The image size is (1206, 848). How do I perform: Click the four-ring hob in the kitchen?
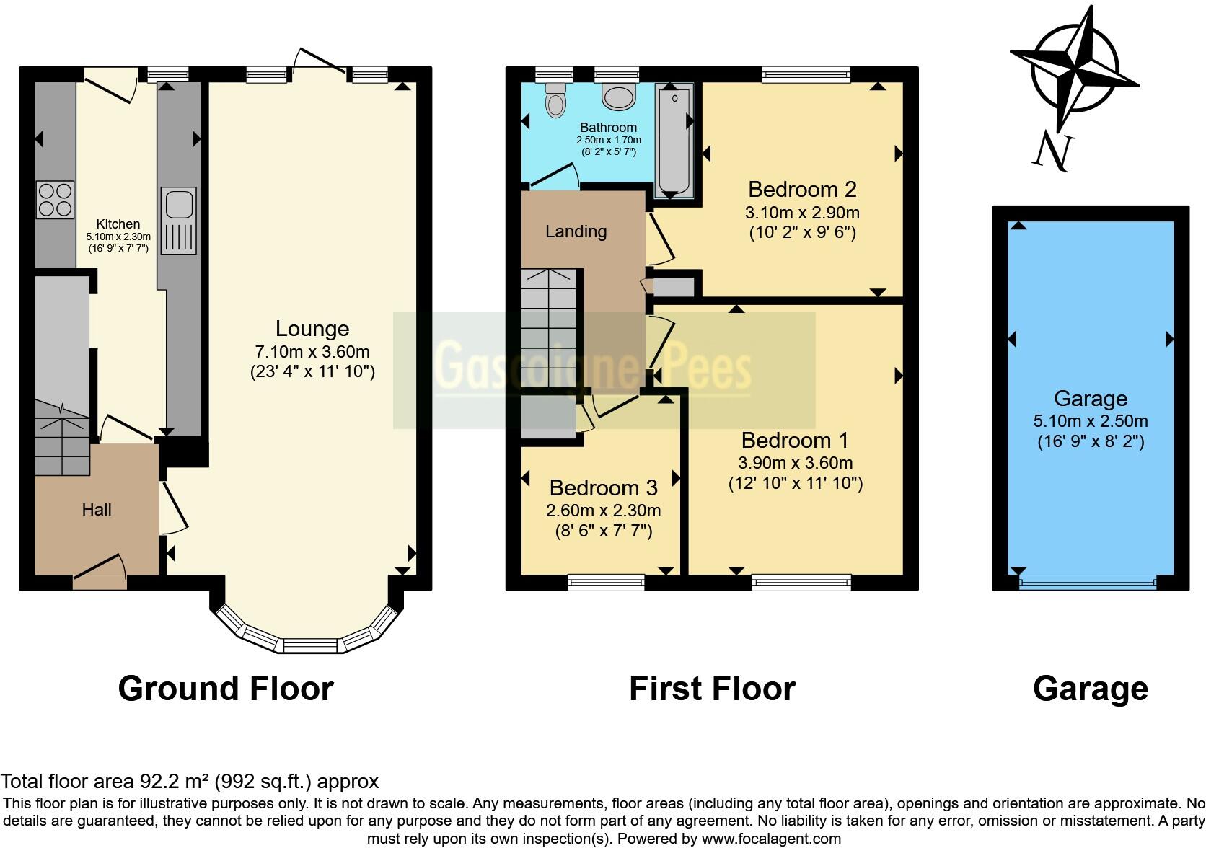[x=56, y=200]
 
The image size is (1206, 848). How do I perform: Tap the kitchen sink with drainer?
[x=178, y=221]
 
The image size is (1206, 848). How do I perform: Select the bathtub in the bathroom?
[x=673, y=141]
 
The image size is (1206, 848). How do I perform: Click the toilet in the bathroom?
[x=555, y=100]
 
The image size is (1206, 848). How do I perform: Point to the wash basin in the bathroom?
[x=617, y=95]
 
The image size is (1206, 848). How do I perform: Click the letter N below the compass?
[x=1052, y=152]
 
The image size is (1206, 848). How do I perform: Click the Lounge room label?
[x=312, y=329]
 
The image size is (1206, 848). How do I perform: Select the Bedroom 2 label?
[x=802, y=190]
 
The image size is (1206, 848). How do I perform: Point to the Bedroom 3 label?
[x=603, y=488]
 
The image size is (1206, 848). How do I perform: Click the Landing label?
[x=576, y=231]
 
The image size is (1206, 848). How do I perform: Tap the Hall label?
[x=97, y=510]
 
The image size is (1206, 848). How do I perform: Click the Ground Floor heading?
[x=226, y=689]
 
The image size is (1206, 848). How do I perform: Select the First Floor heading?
[x=712, y=689]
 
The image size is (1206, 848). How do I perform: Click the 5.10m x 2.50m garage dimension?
[x=1091, y=421]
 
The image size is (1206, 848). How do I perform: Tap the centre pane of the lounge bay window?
[x=310, y=645]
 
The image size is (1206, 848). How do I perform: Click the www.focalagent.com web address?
[x=770, y=839]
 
